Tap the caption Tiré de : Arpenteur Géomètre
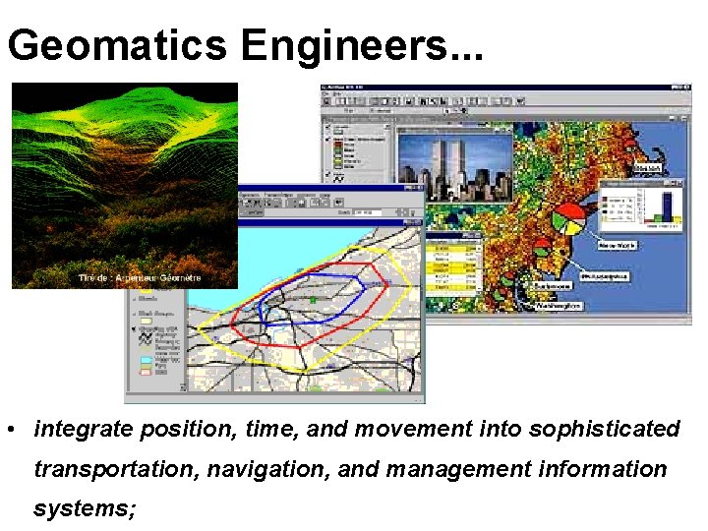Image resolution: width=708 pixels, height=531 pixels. click(140, 278)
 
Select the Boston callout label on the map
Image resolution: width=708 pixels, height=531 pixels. click(650, 170)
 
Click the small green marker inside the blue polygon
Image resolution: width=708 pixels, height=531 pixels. click(313, 300)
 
